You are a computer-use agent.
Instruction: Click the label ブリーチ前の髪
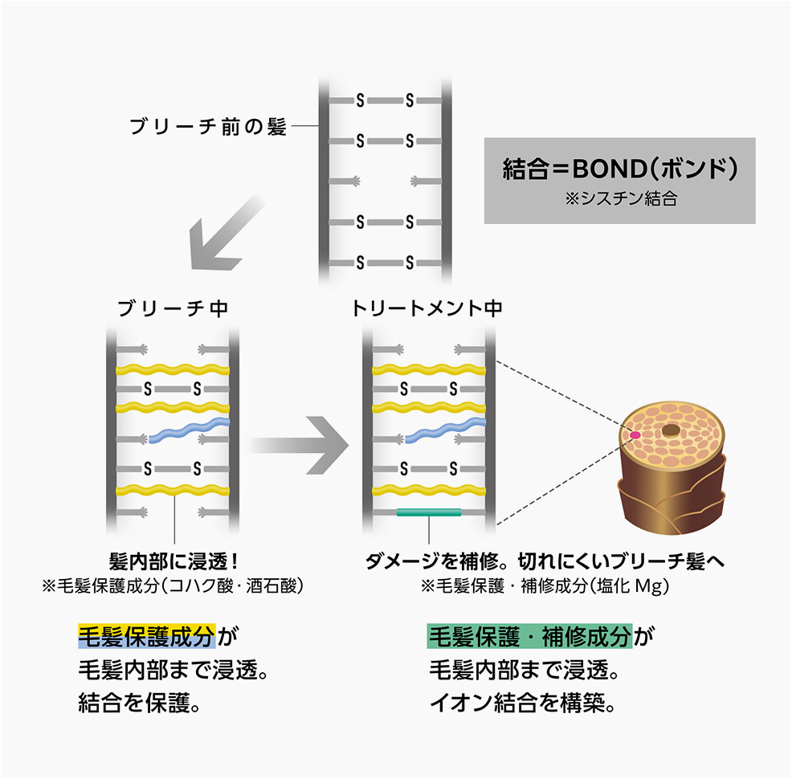tap(208, 127)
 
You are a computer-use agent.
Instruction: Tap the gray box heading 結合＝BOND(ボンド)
tap(619, 169)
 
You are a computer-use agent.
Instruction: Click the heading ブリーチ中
tap(174, 309)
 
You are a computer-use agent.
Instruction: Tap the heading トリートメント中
tap(427, 309)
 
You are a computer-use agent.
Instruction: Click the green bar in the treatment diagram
tap(429, 512)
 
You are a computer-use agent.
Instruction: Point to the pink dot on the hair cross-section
tap(635, 434)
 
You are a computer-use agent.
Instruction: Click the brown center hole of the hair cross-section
tap(670, 431)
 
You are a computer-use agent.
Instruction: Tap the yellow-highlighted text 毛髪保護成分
tap(146, 636)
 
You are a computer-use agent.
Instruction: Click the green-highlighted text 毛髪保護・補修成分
tap(529, 636)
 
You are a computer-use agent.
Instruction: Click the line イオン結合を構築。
tap(523, 705)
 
